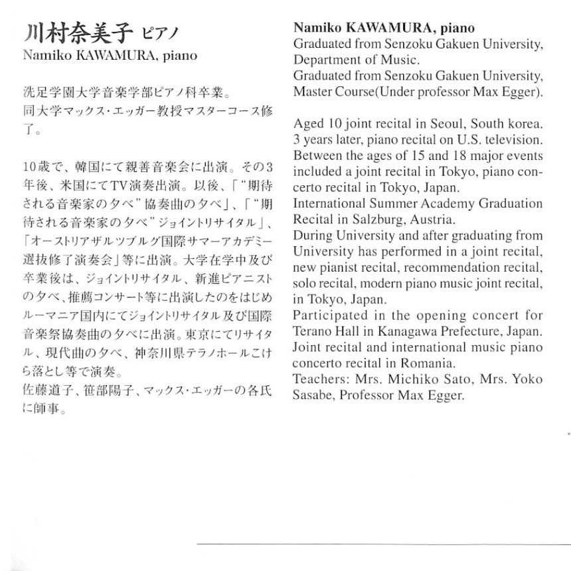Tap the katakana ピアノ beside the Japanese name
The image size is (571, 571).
pyautogui.click(x=161, y=34)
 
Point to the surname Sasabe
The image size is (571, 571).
pyautogui.click(x=315, y=395)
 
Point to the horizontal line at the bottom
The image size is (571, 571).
pyautogui.click(x=384, y=544)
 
